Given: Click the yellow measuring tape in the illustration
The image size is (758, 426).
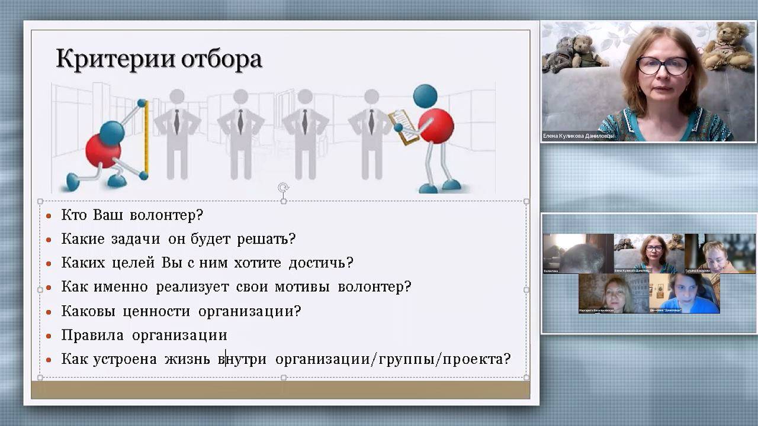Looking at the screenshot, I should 146,139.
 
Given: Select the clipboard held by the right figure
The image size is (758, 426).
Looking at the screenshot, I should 403,126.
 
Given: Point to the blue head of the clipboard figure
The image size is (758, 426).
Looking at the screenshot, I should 425,96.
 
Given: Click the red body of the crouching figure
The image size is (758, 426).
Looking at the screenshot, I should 102,151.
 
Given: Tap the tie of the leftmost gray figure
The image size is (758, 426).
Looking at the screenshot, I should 176,121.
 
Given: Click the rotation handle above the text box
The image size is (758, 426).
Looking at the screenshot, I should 284,188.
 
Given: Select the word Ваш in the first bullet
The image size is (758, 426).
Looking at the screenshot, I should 108,215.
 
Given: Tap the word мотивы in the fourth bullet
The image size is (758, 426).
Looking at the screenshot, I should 302,287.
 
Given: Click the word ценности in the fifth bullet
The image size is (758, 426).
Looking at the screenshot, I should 157,311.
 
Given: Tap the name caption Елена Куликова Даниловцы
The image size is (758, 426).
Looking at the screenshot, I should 579,136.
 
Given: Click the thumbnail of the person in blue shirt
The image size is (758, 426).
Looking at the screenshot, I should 685,293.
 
